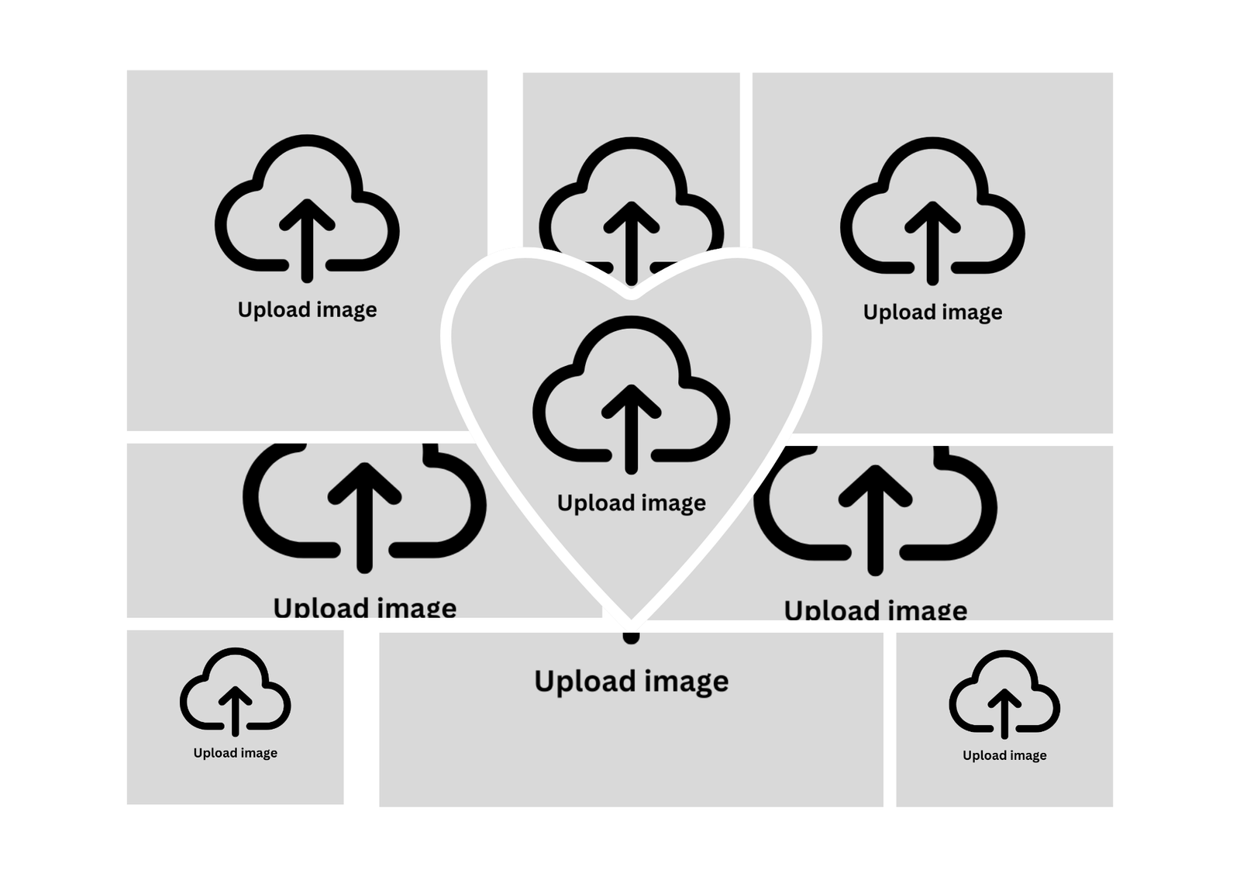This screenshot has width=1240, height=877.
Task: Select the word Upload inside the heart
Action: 593,503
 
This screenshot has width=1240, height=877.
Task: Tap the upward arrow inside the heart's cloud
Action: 631,429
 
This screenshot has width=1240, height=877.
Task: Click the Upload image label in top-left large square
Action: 307,309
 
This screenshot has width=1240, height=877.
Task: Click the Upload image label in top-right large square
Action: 933,312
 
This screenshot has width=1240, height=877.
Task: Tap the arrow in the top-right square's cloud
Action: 933,243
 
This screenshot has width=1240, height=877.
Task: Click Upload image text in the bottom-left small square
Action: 236,753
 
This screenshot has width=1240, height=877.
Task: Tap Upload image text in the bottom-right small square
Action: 1004,756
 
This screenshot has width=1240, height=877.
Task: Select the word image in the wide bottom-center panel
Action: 687,682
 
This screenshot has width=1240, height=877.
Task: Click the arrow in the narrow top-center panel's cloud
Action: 632,243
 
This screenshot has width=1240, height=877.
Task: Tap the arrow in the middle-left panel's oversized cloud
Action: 364,517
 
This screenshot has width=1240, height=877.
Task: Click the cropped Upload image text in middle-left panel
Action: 365,606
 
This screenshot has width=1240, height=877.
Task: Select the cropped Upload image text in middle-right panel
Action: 876,609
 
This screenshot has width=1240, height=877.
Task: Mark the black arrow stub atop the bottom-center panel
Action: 631,638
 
